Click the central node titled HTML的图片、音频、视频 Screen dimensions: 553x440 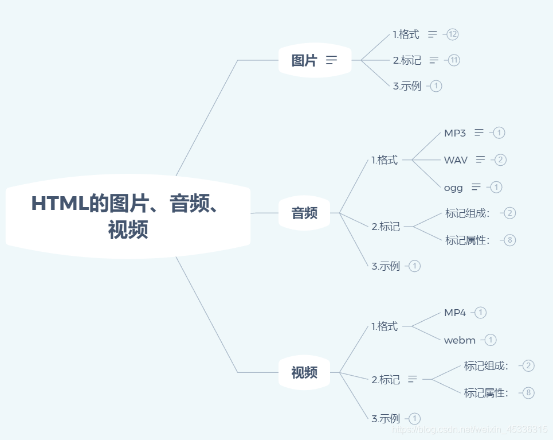pos(128,216)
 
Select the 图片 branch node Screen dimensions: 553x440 pos(304,60)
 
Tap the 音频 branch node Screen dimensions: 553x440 pos(304,213)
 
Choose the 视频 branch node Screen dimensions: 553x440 pos(304,373)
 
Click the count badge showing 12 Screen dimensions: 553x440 pos(453,34)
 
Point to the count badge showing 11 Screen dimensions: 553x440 pos(454,60)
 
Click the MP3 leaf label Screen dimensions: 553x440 pos(455,133)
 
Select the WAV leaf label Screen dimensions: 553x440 pos(456,160)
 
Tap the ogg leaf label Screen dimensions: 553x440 pos(453,187)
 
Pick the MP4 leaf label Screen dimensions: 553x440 pos(455,313)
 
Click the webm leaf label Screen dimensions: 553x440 pos(460,340)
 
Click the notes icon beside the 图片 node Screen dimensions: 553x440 pos(331,60)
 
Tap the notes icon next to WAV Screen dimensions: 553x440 pos(480,159)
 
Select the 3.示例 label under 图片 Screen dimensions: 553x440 pos(407,86)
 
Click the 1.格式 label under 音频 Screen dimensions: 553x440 pos(385,160)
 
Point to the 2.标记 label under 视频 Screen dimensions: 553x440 pos(386,379)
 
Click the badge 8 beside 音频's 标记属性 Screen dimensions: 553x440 pos(510,240)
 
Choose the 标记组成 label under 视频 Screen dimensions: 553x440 pos(486,366)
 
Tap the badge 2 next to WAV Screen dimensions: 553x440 pos(500,160)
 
